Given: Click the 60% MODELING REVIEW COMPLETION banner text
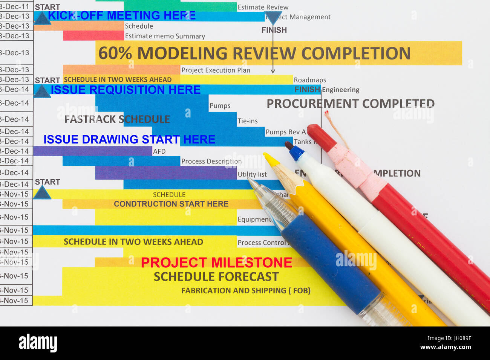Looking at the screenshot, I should (254, 53).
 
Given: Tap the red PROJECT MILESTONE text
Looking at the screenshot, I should (216, 262).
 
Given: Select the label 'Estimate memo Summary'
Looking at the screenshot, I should (165, 36).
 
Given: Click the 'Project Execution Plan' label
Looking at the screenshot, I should (216, 70).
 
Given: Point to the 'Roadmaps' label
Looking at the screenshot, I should (310, 80).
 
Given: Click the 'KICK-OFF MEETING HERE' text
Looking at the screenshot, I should (121, 15).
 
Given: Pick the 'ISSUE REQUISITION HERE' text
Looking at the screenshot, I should (126, 90).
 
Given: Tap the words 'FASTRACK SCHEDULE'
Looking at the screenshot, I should (117, 119).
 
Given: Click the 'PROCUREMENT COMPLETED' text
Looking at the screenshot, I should (351, 104).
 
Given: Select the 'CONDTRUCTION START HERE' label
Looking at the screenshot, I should (171, 204).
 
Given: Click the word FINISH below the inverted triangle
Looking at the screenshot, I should (274, 30).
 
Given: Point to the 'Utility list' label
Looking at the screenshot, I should (252, 174).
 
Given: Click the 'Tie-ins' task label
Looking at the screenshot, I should (248, 121).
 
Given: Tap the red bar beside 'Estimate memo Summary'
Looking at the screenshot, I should (93, 36).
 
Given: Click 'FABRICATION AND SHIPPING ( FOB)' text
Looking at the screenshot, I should (246, 291).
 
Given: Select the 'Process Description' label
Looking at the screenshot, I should (211, 161).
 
